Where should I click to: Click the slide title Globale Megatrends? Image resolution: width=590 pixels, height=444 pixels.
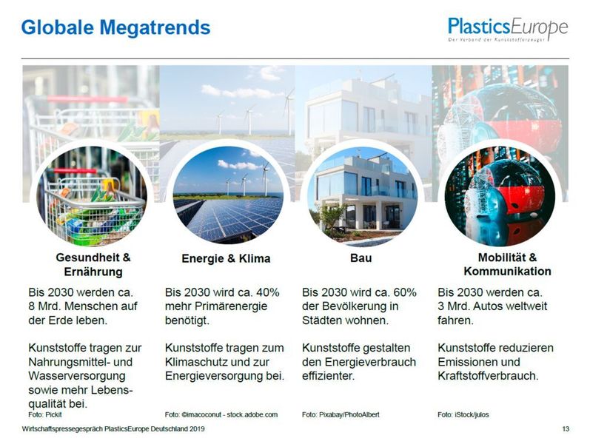click(115, 28)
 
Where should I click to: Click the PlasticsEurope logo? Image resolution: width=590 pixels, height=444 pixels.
click(507, 30)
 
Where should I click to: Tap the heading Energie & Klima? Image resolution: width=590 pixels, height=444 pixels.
click(226, 259)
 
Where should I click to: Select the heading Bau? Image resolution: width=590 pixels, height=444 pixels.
click(361, 258)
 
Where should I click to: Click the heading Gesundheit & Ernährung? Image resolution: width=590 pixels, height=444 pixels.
click(93, 264)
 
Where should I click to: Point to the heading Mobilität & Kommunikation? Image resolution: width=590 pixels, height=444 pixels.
click(507, 264)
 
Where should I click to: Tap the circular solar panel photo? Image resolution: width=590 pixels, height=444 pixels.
click(228, 197)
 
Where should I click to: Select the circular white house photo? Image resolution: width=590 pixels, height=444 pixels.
click(363, 196)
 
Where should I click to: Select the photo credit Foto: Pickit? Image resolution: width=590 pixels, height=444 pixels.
click(45, 414)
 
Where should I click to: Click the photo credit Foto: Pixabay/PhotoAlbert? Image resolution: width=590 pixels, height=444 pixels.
click(341, 414)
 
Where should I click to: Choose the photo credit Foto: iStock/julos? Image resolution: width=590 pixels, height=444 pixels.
click(463, 414)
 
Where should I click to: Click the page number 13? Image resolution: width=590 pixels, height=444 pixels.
click(566, 429)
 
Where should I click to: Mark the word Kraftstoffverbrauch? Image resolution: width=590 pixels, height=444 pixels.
click(488, 376)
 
